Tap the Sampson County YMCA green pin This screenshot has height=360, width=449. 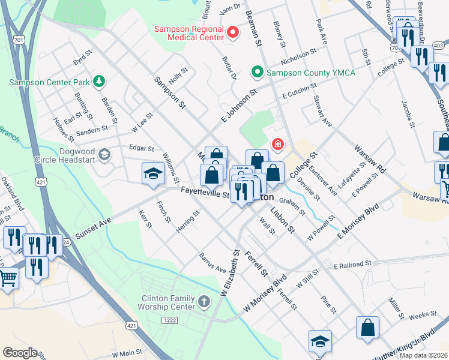(258, 73)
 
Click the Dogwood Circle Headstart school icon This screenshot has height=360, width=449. (104, 155)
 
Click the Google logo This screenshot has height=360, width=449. (20, 353)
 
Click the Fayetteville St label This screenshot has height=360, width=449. (206, 194)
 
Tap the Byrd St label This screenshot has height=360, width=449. (82, 61)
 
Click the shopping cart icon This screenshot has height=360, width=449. (7, 277)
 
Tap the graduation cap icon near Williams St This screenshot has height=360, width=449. (153, 174)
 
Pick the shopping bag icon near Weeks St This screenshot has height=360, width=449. (367, 328)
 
